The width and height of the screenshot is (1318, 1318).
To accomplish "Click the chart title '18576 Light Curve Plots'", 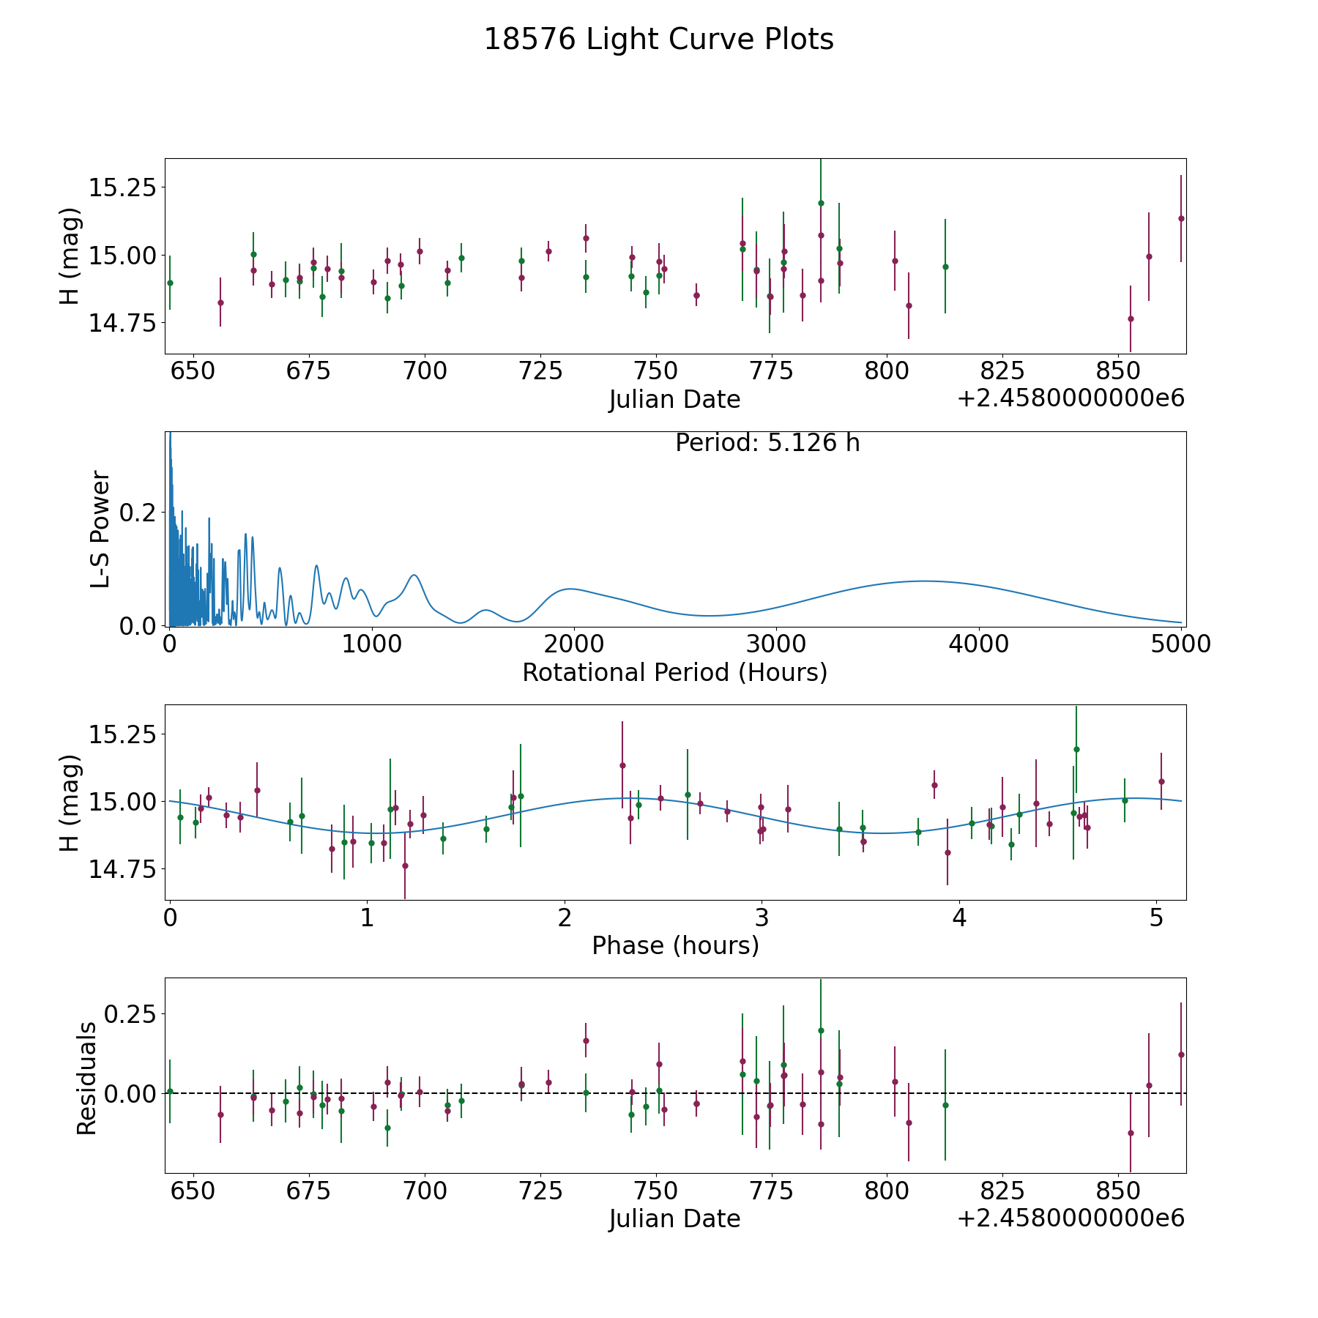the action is pyautogui.click(x=659, y=40).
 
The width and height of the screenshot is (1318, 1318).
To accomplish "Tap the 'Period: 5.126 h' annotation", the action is pyautogui.click(x=767, y=443).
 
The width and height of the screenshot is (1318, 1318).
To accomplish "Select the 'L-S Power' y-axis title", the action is pyautogui.click(x=101, y=529).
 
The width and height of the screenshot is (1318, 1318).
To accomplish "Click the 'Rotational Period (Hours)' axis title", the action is pyautogui.click(x=674, y=672).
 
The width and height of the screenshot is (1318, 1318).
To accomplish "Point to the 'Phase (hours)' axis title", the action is pyautogui.click(x=675, y=945).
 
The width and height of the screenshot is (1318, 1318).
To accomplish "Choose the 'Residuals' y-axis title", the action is pyautogui.click(x=86, y=1078).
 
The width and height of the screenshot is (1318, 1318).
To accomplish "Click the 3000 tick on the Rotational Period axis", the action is pyautogui.click(x=775, y=644).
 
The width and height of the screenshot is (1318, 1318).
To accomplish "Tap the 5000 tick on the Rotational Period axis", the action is pyautogui.click(x=1180, y=644).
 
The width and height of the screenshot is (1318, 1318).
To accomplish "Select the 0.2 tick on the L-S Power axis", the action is pyautogui.click(x=138, y=512).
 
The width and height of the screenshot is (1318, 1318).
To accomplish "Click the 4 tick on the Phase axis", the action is pyautogui.click(x=959, y=917).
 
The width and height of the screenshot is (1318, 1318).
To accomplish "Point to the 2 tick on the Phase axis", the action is pyautogui.click(x=565, y=917).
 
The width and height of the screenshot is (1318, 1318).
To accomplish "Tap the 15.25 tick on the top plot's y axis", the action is pyautogui.click(x=122, y=187).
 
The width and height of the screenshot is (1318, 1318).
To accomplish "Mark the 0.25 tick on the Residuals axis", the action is pyautogui.click(x=130, y=1014).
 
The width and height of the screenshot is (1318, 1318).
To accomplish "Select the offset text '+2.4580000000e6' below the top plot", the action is pyautogui.click(x=1071, y=399).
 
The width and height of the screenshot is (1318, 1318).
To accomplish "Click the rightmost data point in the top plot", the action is pyautogui.click(x=1181, y=218).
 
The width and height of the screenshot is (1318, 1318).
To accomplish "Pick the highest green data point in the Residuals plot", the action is pyautogui.click(x=821, y=1030).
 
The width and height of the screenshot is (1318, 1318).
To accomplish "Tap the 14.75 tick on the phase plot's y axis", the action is pyautogui.click(x=122, y=869).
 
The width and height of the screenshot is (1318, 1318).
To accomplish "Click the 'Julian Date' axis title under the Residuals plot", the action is pyautogui.click(x=674, y=1219).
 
